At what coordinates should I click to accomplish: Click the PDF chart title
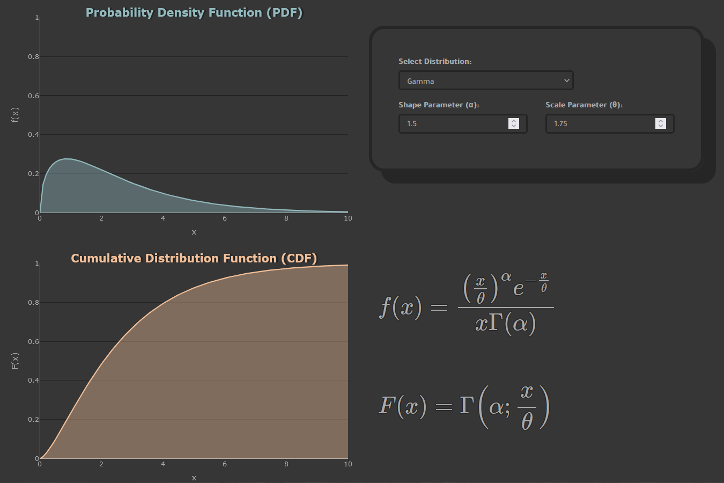[194, 13]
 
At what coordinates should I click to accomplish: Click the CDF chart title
[194, 259]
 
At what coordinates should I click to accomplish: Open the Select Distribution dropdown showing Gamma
[486, 80]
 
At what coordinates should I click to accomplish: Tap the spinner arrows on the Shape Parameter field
[513, 123]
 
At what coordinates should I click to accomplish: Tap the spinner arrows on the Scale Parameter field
[660, 123]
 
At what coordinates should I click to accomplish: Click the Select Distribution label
[435, 62]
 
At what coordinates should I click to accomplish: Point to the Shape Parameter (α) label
[439, 105]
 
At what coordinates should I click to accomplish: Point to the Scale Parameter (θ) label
[584, 105]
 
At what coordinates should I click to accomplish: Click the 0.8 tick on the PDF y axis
[33, 57]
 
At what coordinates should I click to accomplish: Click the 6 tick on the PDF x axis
[225, 218]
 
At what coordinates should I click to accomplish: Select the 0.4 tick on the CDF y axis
[33, 380]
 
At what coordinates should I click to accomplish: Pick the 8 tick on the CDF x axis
[286, 464]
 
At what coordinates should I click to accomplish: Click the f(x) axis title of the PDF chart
[15, 115]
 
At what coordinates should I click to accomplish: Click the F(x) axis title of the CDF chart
[15, 361]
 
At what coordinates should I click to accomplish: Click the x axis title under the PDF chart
[194, 232]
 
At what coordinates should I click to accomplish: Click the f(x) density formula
[466, 304]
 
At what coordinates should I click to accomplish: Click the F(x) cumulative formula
[464, 406]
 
